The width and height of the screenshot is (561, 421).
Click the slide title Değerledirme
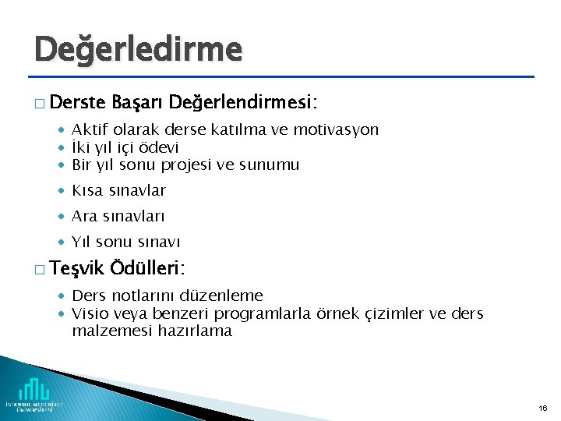point(138,50)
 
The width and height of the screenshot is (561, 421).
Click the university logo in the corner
point(34,394)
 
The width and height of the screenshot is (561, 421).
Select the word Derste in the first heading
point(80,103)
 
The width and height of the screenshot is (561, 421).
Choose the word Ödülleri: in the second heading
point(148,269)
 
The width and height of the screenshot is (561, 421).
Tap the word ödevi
point(160,147)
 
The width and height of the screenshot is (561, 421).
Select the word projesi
point(186,165)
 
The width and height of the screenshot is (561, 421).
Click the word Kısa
point(87,190)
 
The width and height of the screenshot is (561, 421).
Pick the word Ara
point(84,216)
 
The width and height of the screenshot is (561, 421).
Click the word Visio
point(89,313)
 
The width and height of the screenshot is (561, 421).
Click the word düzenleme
point(221,295)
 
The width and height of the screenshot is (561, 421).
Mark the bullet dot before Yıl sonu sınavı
point(62,242)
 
